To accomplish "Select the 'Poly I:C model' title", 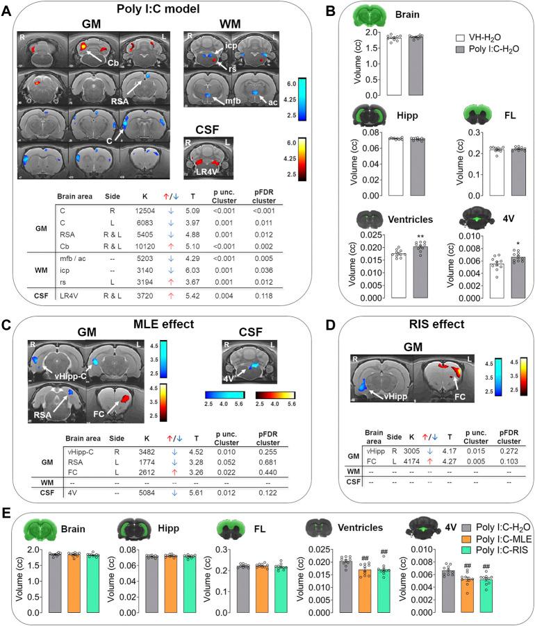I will [150, 10].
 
